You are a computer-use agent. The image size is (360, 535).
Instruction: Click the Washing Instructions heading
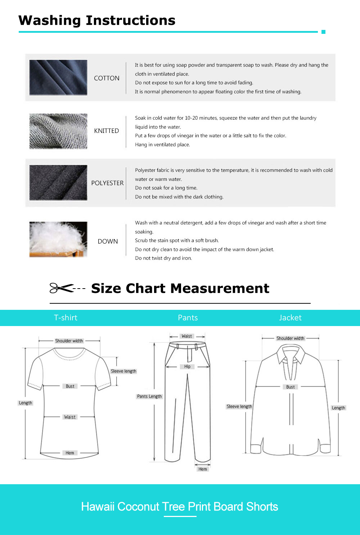pos(97,21)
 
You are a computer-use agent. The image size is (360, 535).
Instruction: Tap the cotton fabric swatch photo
pos(58,77)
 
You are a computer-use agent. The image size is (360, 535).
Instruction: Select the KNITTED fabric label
pos(107,131)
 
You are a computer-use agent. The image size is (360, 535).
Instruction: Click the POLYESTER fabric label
pos(107,183)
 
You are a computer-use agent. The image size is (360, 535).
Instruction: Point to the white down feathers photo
pos(58,239)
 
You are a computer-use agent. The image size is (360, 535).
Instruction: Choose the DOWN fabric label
pos(108,241)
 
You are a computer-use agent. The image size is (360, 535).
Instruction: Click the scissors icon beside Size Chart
pos(61,288)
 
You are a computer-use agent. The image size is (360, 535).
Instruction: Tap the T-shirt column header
pos(66,318)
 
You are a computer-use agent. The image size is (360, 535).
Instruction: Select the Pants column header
pos(188,318)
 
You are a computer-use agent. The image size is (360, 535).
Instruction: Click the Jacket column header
pos(290,318)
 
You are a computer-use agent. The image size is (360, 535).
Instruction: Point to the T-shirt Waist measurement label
pos(70,417)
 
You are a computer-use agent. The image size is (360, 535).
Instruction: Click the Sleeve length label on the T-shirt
pos(123,371)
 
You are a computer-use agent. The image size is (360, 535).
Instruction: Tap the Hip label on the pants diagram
pos(187,367)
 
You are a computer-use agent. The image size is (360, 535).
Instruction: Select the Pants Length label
pos(149,396)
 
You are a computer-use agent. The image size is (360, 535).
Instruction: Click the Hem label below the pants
pos(203,469)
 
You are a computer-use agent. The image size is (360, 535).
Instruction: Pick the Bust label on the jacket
pos(290,387)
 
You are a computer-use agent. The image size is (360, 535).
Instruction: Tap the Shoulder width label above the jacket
pos(290,338)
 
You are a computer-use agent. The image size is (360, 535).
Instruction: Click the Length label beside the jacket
pos(338,408)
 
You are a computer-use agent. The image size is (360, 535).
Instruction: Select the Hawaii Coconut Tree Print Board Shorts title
pos(180,507)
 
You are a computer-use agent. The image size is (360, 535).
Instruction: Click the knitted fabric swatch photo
pos(58,131)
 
